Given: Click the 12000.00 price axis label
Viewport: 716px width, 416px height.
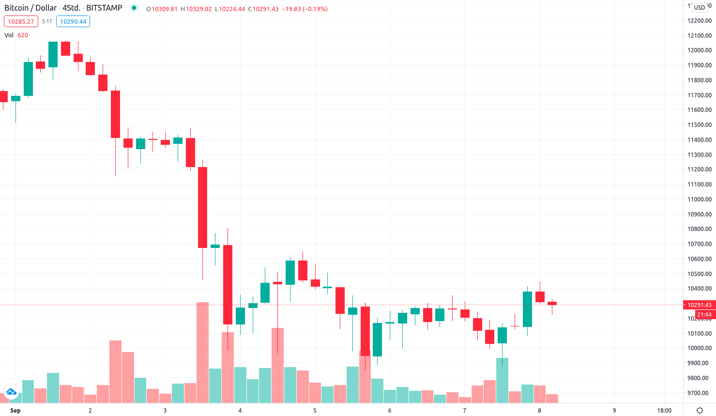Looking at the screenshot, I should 700,50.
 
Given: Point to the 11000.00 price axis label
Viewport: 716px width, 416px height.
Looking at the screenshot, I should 700,200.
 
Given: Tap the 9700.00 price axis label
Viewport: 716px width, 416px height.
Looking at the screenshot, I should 700,393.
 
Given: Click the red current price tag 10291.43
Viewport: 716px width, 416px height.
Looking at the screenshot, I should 699,305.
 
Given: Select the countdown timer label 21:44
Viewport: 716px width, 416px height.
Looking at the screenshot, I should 704,315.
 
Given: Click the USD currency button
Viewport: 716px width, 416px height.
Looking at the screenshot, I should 700,8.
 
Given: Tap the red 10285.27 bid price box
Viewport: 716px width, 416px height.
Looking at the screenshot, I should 21,22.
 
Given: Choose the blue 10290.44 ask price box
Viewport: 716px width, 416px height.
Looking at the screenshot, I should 73,22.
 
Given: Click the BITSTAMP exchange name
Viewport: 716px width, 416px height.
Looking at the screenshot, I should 104,8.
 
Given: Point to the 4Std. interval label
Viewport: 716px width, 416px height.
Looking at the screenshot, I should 71,8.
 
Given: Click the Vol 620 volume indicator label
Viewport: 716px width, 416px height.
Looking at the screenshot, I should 16,35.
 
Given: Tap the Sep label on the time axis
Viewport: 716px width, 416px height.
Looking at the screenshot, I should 15,411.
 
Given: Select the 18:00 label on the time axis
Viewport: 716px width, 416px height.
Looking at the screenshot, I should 664,411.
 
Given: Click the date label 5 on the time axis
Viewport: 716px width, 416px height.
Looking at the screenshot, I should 315,411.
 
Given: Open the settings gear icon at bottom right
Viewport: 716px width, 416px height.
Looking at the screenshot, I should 700,411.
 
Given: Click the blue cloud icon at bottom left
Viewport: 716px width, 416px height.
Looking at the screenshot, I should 11,392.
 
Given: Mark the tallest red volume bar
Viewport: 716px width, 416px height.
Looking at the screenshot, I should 202,352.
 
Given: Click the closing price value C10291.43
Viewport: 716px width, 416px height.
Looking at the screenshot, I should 263,9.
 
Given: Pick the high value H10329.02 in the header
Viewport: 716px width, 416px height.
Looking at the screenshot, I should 196,9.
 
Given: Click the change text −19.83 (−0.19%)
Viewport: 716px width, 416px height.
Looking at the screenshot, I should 305,9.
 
